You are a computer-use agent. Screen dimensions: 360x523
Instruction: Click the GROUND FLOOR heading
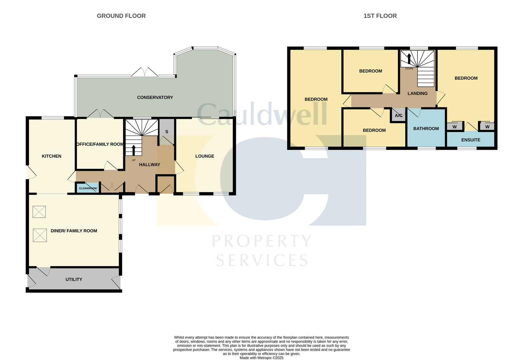(121, 16)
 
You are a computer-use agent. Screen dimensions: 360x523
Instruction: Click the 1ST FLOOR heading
(380, 16)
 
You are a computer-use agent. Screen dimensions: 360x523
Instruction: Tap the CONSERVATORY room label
(155, 97)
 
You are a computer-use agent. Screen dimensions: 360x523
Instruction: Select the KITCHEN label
(51, 156)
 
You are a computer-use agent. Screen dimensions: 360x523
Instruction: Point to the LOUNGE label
(205, 156)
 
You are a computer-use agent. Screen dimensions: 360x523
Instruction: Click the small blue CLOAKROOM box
(88, 188)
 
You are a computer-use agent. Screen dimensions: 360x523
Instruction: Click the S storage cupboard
(167, 132)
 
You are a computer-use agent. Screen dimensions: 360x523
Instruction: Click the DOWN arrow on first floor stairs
(409, 59)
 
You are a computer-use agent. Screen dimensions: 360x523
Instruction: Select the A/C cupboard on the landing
(398, 116)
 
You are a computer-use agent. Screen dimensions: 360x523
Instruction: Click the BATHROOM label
(426, 128)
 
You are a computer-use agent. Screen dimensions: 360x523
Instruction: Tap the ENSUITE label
(470, 140)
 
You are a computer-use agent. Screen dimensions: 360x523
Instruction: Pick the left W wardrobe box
(454, 127)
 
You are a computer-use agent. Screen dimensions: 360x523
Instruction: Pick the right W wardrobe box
(487, 127)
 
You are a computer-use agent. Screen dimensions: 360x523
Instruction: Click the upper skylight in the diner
(39, 212)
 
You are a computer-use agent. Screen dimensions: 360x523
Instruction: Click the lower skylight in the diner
(40, 235)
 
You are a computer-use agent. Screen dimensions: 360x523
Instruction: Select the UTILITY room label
(74, 279)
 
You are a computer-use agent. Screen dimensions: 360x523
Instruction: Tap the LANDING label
(417, 93)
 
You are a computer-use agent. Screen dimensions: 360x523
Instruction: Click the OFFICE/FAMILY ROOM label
(100, 144)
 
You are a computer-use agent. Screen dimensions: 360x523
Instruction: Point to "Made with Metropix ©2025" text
(261, 358)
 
